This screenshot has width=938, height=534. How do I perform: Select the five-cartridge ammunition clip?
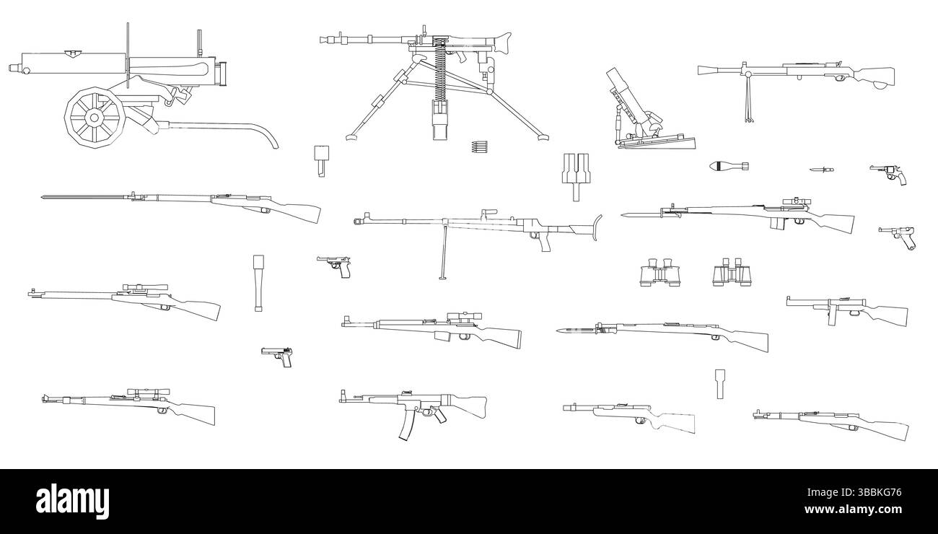[x=478, y=146]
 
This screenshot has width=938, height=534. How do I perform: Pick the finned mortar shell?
[x=728, y=166]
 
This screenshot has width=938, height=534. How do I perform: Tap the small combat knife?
[x=820, y=170]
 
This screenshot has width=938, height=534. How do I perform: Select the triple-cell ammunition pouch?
[x=575, y=173]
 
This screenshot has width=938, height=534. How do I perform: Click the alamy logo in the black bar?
[x=72, y=499]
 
